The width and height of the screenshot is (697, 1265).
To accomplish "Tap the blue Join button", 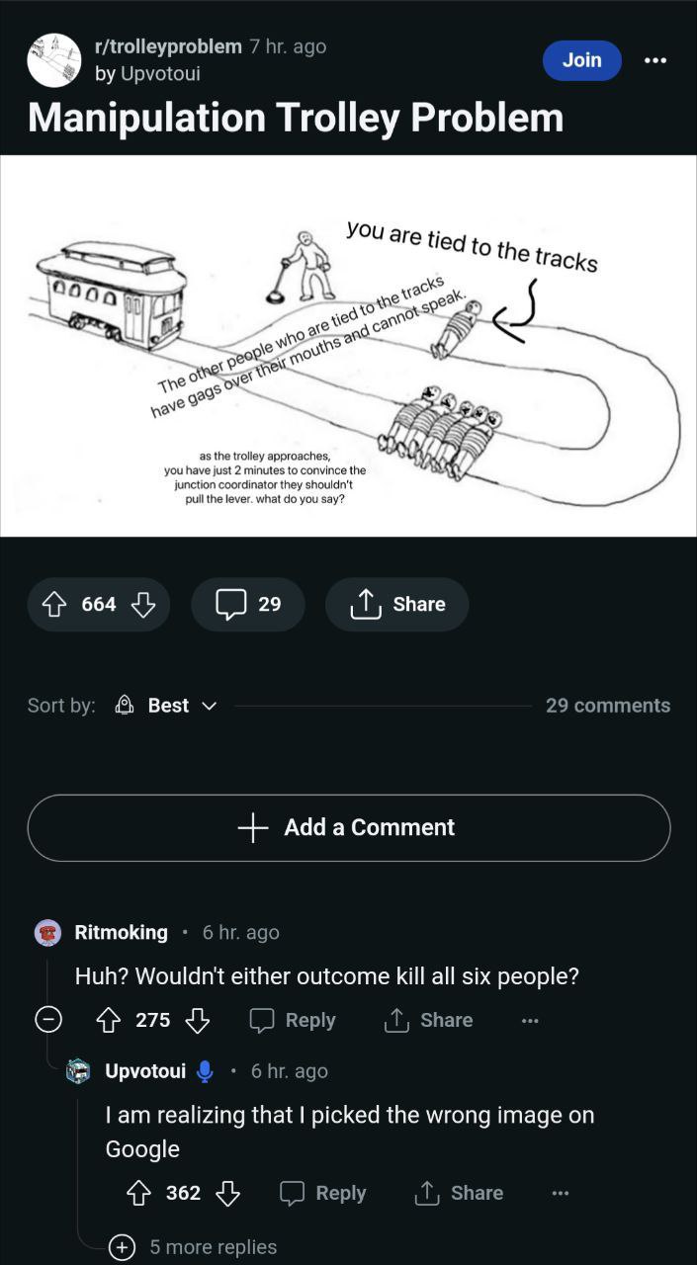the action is coord(581,60).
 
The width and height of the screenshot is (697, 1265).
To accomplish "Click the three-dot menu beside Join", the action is coord(655,60).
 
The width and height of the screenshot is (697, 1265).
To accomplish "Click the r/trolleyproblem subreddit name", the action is coord(168,46).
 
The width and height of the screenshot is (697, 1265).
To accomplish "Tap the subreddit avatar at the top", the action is coord(54,60).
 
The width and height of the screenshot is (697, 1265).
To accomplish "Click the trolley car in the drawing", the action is coord(111,294).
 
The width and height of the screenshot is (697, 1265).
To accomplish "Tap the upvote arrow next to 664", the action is coord(54,604).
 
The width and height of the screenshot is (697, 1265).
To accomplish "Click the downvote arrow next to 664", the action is coord(143,604).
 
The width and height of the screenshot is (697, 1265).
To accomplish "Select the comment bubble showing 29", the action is coord(248,604).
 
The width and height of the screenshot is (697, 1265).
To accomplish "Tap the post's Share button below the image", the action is coord(396,604).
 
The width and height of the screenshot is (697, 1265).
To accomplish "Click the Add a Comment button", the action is coord(348,827).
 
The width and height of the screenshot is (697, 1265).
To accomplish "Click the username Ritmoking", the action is coord(121,932).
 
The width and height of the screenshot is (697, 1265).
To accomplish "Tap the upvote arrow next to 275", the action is coord(108,1021).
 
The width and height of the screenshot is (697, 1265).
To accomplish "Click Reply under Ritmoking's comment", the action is coord(293,1021).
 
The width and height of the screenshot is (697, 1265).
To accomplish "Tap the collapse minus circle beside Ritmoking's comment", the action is coord(48,1020).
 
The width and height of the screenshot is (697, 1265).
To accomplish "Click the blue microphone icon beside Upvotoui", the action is coord(205,1071).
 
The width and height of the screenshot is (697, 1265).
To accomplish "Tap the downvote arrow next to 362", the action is coord(227,1193).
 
